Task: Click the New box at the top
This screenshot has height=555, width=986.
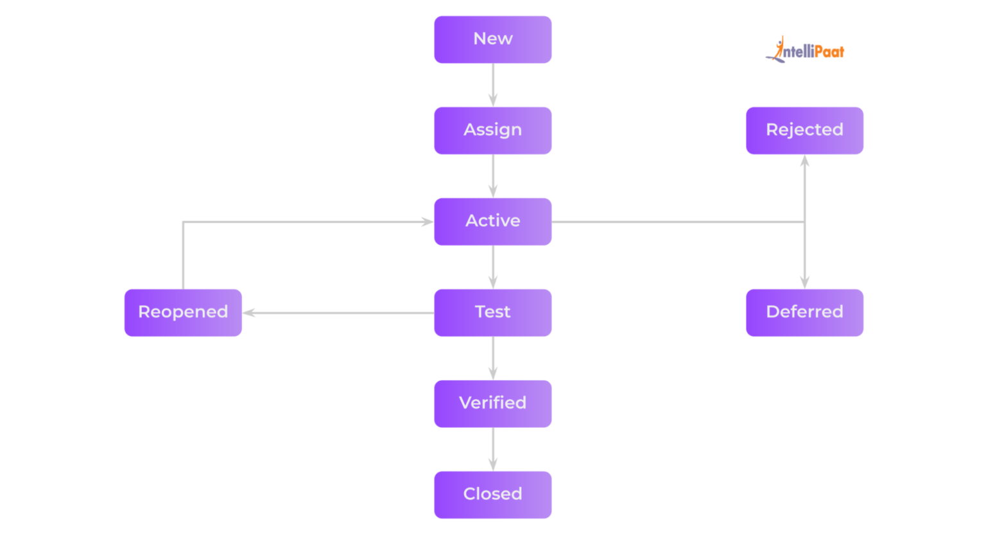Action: tap(492, 39)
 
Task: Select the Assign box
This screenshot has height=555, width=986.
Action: tap(492, 130)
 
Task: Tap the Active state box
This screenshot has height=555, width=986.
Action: tap(492, 222)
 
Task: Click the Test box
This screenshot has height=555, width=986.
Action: tap(492, 313)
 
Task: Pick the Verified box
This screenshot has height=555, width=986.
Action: tap(492, 404)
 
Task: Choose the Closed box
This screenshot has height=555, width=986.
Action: tap(492, 495)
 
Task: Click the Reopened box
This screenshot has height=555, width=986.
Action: tap(183, 313)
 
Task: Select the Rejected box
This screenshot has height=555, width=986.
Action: tap(804, 130)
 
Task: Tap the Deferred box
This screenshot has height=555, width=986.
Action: tap(804, 313)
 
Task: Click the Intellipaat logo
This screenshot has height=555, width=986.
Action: tap(806, 51)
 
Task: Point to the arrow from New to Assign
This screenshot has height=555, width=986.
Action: tap(493, 84)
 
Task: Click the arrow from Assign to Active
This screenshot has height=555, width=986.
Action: tap(493, 175)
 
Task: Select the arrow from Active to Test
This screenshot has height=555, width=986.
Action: tap(493, 267)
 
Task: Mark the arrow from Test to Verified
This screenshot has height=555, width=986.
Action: tap(493, 358)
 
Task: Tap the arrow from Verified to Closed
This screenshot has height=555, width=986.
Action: tap(493, 449)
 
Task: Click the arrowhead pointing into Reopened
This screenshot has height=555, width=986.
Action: tap(249, 313)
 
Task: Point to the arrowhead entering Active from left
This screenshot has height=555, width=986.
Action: tap(427, 222)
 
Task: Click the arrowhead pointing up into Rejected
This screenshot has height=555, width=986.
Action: tap(804, 161)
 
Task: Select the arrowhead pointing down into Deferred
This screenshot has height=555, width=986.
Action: tap(804, 282)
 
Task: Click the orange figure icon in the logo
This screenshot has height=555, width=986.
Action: tap(779, 48)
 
